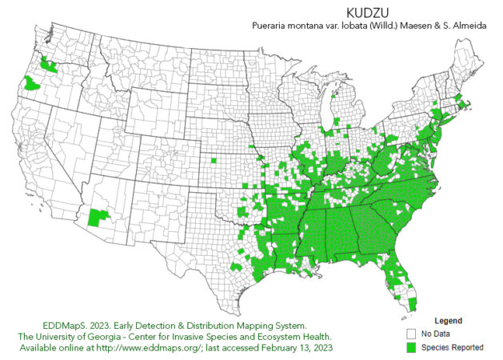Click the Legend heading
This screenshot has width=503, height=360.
448,320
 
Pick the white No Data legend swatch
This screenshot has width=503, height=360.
411,334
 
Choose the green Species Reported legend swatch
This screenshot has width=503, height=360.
411,347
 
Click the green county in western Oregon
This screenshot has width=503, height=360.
33,83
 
